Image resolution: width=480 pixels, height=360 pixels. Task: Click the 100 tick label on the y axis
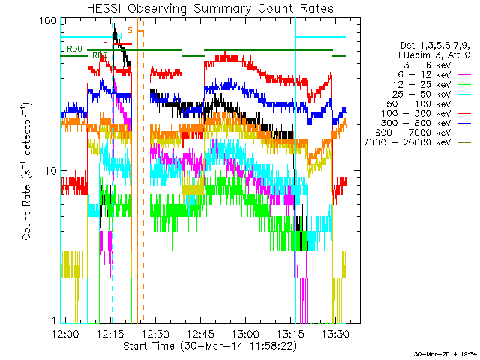48,20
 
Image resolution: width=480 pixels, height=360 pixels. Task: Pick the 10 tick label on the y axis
50,170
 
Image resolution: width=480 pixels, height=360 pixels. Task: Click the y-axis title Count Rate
28,171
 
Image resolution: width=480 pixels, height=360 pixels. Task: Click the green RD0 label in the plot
74,49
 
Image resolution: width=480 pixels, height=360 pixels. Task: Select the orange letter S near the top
130,30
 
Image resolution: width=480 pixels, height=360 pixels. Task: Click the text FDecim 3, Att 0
433,55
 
